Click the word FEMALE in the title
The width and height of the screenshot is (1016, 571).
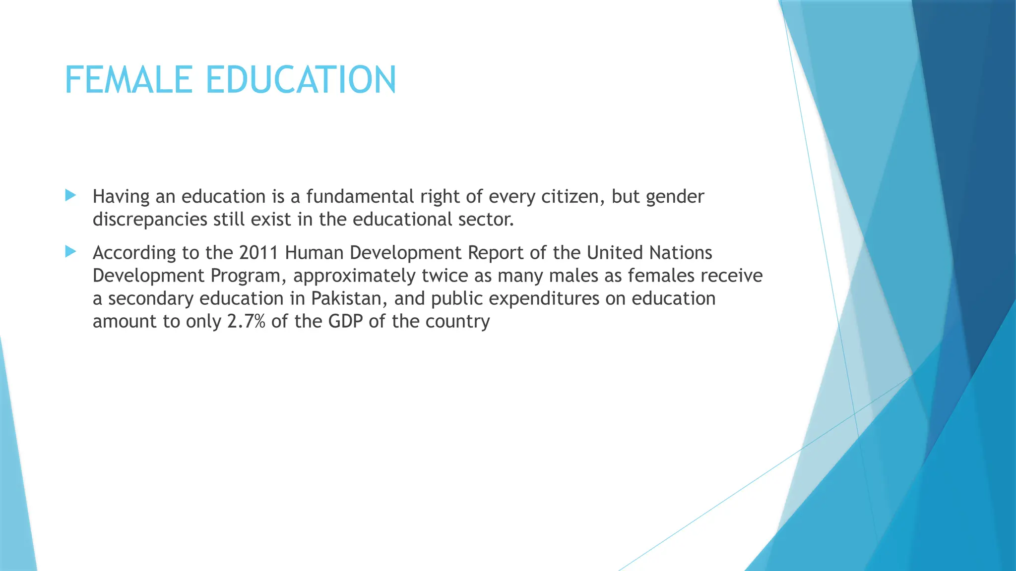coord(128,80)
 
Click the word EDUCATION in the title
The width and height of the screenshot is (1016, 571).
coord(301,80)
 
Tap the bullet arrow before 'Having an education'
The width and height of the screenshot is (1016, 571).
coord(70,195)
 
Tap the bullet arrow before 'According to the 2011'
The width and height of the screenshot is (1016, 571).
coord(70,252)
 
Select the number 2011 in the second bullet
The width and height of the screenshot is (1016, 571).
coord(258,253)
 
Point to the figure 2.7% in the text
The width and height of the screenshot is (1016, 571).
coord(246,321)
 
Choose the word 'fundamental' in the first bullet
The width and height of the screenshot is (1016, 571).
coord(360,197)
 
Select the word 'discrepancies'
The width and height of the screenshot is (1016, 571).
coord(150,220)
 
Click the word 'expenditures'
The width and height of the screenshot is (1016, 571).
coord(542,299)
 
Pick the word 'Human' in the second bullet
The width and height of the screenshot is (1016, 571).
coord(314,253)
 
